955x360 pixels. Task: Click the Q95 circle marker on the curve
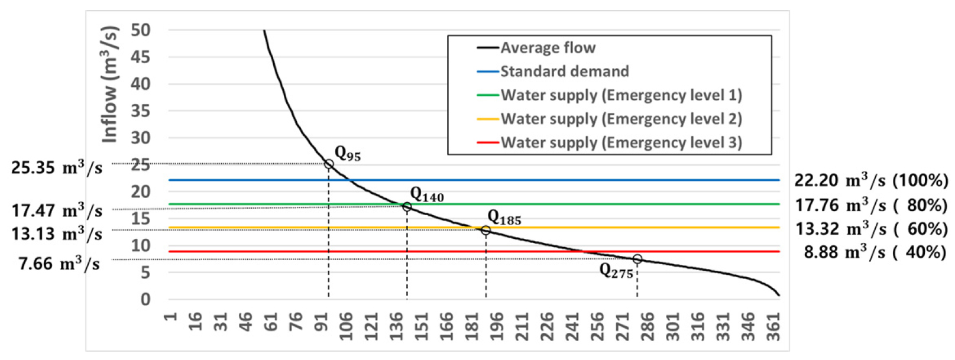click(329, 164)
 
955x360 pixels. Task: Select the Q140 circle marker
click(407, 207)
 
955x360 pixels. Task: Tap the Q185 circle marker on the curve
click(485, 230)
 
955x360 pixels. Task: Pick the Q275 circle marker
click(637, 259)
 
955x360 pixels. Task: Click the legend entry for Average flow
click(548, 48)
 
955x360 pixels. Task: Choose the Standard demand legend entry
click(564, 72)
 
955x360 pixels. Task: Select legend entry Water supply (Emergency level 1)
click(621, 95)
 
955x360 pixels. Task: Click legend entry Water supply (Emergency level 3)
click(621, 142)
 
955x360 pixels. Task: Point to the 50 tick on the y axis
click(141, 30)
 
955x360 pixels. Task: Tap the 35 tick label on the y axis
click(141, 111)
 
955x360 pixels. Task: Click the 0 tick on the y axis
click(145, 300)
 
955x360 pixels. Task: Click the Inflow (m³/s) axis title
click(110, 85)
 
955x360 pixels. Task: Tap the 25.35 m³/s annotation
click(57, 168)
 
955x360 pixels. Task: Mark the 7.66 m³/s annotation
click(59, 264)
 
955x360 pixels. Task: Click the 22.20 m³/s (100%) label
click(870, 181)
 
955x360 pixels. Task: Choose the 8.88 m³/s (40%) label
click(875, 252)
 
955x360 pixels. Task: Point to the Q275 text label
click(616, 271)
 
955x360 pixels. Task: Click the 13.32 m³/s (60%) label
click(871, 229)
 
